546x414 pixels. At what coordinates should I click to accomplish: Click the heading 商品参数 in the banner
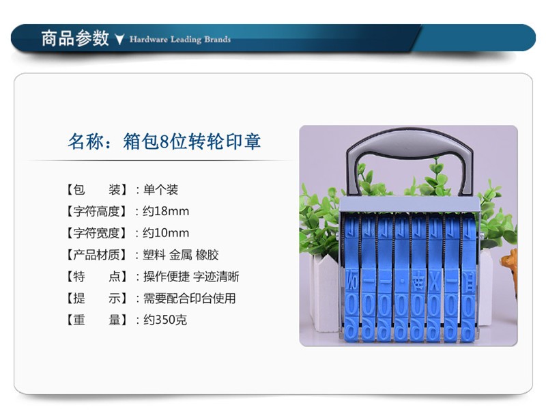[75, 38]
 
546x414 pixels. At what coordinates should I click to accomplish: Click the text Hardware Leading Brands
[180, 40]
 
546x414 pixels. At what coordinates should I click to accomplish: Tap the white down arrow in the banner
[119, 40]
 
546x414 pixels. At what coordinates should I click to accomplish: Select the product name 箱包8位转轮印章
[192, 141]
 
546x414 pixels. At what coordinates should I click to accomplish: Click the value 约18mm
[166, 211]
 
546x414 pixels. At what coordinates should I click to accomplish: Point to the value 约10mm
[166, 233]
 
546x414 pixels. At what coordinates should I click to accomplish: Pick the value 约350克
[165, 320]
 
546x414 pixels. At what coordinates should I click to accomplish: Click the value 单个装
[160, 189]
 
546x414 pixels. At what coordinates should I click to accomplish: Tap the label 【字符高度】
[96, 211]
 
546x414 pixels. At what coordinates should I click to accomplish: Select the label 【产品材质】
[96, 255]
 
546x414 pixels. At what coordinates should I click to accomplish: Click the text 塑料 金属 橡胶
[181, 255]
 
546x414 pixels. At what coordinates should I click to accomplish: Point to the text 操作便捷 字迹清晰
[191, 277]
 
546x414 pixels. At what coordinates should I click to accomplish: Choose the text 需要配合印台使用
[190, 298]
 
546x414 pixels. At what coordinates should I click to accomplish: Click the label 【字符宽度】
[96, 233]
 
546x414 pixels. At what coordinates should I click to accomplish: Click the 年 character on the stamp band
[418, 284]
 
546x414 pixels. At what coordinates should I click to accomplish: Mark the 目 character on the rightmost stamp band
[468, 283]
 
